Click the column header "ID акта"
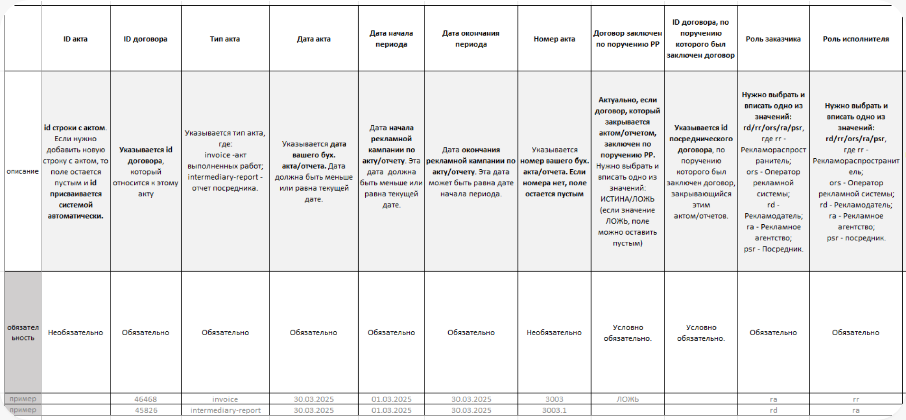(x=75, y=39)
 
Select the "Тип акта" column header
(x=225, y=39)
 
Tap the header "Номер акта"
(x=554, y=39)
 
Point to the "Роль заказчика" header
(x=773, y=39)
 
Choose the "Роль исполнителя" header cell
(x=856, y=39)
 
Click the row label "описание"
(x=23, y=171)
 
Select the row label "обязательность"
(x=23, y=332)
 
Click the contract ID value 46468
(x=146, y=399)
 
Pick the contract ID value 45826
(x=146, y=410)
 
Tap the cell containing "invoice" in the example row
(x=225, y=399)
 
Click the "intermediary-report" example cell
(x=225, y=410)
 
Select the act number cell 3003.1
(x=554, y=410)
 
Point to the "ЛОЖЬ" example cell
(x=628, y=399)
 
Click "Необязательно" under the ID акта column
(x=75, y=332)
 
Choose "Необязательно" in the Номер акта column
(x=554, y=332)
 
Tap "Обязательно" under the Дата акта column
(x=314, y=332)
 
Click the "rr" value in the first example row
(x=856, y=399)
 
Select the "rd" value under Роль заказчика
(x=773, y=410)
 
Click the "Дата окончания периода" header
(x=471, y=39)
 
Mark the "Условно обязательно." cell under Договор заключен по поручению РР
(x=628, y=332)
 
